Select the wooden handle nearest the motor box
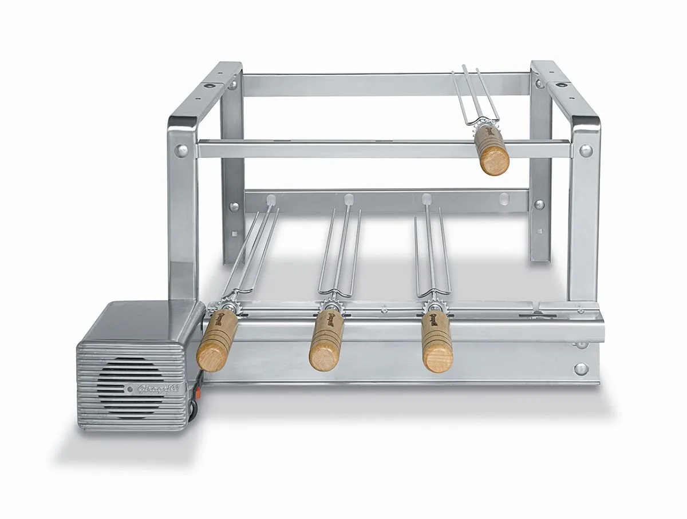coord(216,340)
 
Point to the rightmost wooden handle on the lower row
coord(437,342)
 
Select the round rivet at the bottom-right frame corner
coord(581,369)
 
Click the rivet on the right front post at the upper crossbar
coord(585,150)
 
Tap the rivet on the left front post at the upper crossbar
coord(181,150)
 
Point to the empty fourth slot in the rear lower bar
coord(504,199)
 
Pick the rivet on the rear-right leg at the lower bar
coord(538,204)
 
